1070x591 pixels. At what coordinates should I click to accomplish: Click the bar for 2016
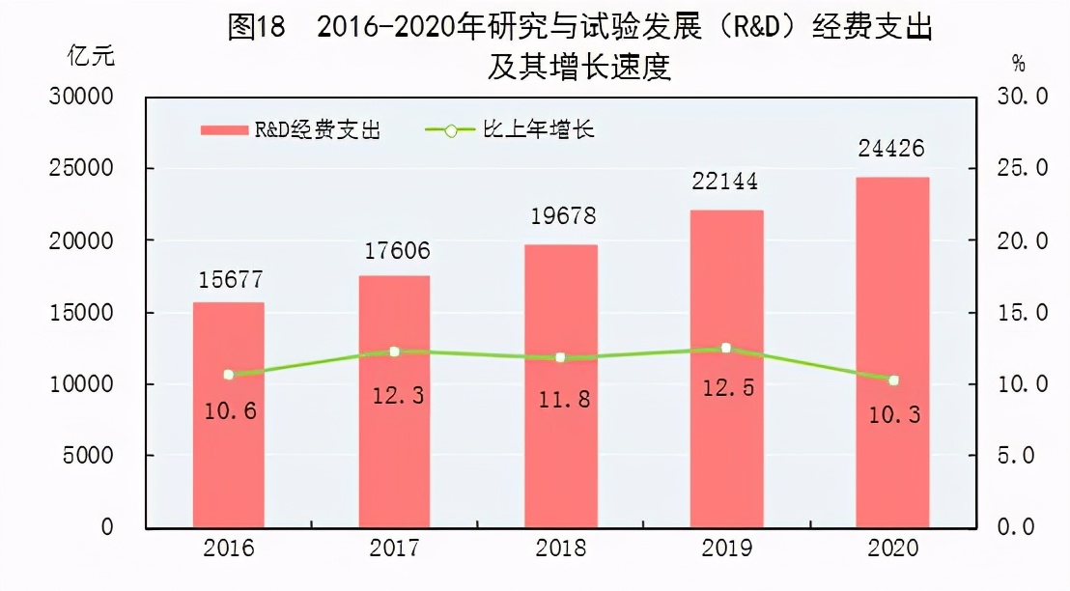(229, 415)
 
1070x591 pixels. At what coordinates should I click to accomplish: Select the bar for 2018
(562, 386)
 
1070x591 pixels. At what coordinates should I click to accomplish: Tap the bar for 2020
(893, 352)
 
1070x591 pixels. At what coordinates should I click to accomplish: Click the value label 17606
(397, 251)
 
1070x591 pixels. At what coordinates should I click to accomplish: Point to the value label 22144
(725, 182)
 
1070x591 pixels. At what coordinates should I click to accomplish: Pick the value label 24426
(892, 150)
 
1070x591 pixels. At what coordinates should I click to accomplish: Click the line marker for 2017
(394, 352)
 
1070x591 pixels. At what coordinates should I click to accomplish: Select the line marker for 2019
(726, 348)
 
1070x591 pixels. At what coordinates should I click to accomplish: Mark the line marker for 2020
(893, 380)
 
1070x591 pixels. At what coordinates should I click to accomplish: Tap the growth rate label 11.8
(562, 398)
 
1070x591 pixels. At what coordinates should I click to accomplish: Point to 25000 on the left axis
(82, 169)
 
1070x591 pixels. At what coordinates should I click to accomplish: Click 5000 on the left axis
(88, 456)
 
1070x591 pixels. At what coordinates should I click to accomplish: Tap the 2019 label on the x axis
(727, 549)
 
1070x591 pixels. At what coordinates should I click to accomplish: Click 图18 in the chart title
(256, 26)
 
